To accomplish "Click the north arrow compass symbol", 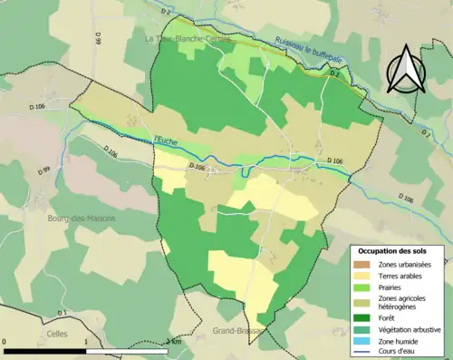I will click(405, 72).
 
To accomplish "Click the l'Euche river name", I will click(166, 139).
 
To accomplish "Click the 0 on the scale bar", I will click(5, 342).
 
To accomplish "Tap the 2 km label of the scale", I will click(175, 342).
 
